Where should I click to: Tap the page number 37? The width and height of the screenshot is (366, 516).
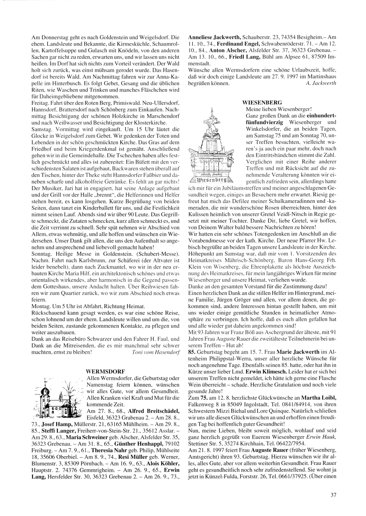pyautogui.click(x=333, y=495)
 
